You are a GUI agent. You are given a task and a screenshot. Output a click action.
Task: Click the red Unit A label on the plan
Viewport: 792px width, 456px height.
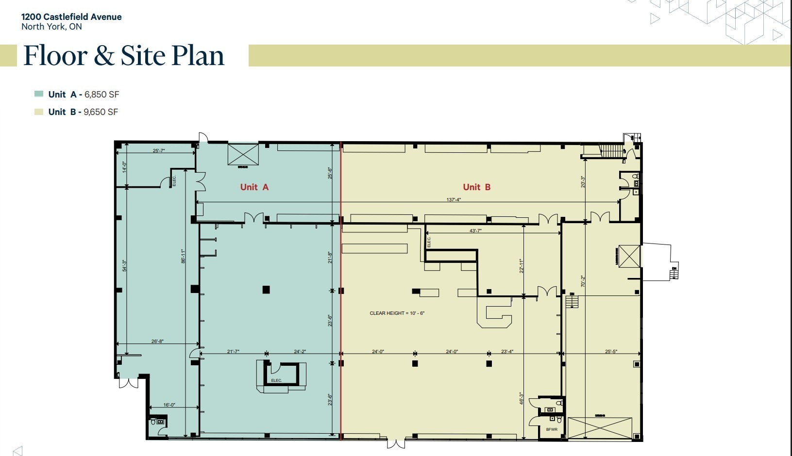point(254,187)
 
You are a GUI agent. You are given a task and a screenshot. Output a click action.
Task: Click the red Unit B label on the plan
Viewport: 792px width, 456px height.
point(476,187)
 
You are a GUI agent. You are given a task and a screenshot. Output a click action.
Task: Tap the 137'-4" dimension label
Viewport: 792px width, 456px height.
point(454,199)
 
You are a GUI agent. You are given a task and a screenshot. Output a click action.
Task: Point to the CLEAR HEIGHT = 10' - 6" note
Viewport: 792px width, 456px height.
point(397,313)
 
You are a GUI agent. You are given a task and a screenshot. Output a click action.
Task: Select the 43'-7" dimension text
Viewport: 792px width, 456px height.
point(475,231)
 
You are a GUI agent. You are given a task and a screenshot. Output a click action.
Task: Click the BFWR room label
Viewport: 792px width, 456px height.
point(552,429)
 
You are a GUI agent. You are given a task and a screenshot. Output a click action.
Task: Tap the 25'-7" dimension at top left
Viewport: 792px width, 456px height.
point(159,151)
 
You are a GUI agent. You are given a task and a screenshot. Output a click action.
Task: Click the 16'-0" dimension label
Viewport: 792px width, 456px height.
point(169,405)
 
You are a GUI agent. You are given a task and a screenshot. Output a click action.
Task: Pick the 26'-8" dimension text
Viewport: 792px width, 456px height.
point(157,342)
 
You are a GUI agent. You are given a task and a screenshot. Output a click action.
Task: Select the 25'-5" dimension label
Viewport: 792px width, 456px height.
point(611,351)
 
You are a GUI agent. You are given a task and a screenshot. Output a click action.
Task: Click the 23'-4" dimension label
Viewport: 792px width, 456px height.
point(507,351)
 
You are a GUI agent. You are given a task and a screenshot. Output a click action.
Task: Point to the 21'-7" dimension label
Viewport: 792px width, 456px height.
point(233,351)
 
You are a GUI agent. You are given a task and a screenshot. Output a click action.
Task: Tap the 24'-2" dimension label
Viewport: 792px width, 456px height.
point(300,351)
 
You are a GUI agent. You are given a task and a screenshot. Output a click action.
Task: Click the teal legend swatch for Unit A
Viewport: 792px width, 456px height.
point(39,94)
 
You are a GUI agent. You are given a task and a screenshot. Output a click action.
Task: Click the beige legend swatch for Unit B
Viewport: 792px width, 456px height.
point(39,112)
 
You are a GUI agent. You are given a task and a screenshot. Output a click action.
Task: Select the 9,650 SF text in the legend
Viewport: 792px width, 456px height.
point(101,112)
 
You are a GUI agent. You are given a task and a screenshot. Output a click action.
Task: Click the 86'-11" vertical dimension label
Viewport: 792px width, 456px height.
point(183,256)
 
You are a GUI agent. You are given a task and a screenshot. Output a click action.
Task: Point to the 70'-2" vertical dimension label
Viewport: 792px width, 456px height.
point(583,281)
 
